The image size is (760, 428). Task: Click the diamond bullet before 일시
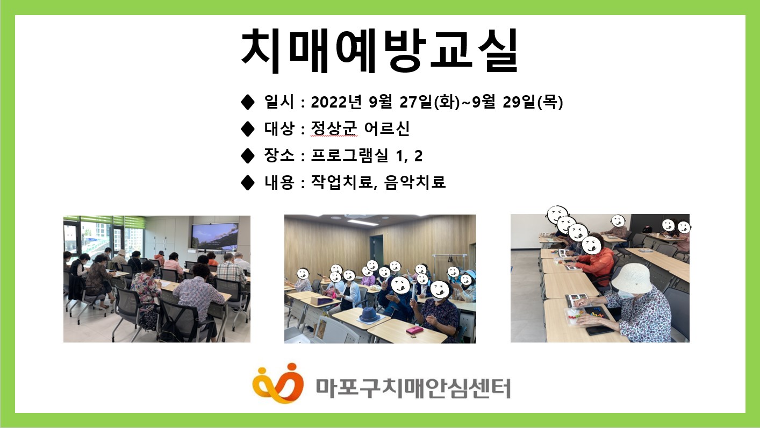pos(248,101)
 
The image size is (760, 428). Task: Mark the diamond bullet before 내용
pos(248,183)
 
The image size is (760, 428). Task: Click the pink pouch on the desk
pos(414,330)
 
